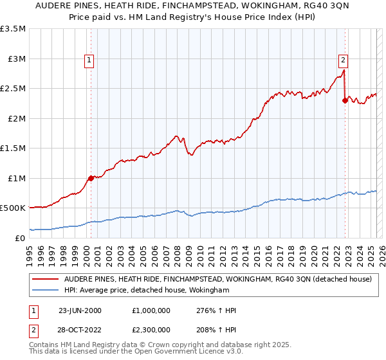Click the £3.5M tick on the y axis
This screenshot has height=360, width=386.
point(13,29)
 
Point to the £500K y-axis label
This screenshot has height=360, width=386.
point(13,208)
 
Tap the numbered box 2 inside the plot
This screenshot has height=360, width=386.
point(344,60)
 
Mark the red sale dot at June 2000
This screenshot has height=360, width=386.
point(91,178)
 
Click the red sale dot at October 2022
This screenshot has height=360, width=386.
point(345,100)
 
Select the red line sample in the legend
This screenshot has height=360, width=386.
point(46,279)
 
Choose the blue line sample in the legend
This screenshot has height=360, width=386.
point(46,291)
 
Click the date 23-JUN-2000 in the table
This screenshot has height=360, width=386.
point(80,310)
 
